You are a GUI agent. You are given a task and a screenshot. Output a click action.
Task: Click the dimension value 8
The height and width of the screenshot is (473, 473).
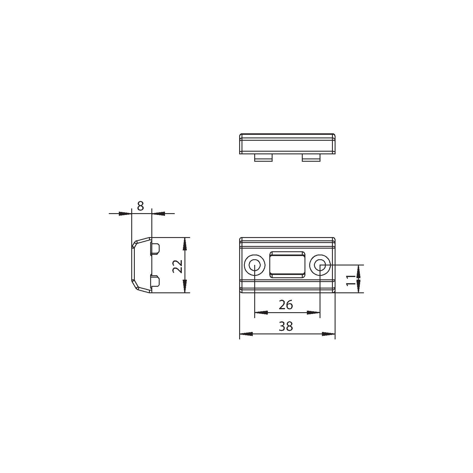[140, 206]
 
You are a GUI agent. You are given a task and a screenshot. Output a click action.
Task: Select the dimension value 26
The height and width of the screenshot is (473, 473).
[286, 305]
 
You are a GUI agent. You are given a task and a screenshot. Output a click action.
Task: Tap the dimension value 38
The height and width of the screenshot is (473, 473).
[286, 326]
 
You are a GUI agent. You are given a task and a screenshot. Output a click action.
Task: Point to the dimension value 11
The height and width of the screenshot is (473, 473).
[351, 280]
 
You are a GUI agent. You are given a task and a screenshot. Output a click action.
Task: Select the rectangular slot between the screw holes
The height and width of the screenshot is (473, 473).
[287, 265]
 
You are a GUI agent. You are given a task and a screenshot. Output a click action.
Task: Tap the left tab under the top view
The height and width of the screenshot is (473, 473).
[263, 158]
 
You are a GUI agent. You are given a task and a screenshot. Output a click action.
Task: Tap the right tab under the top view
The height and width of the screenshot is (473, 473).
[311, 158]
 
